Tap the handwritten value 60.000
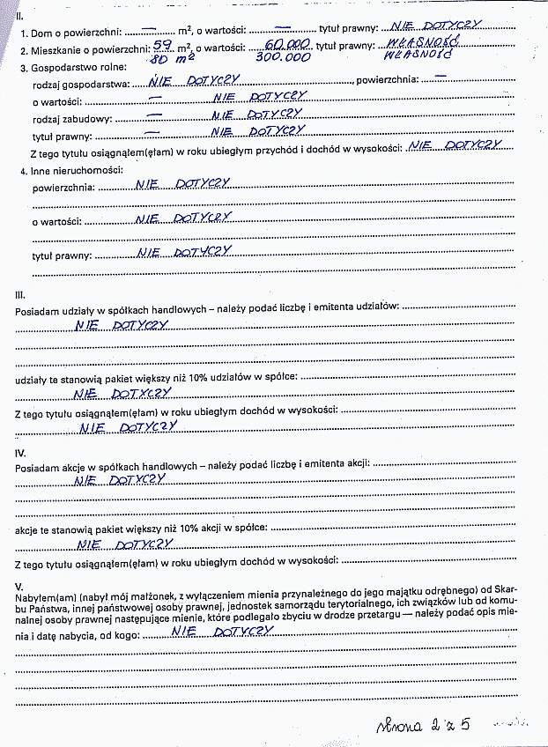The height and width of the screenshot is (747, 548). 286,42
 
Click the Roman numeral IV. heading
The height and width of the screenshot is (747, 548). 20,452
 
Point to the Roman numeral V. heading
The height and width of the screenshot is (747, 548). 19,585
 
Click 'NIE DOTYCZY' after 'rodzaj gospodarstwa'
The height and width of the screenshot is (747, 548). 192,81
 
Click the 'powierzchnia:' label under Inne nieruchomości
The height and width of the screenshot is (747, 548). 63,187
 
